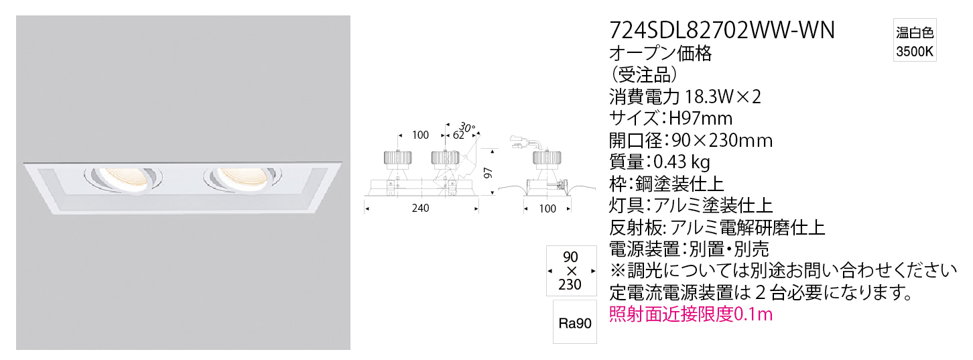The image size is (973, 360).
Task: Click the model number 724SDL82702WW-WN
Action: coord(722,30)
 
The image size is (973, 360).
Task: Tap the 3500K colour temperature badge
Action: coord(914,40)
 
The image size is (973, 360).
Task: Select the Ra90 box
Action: coord(575,323)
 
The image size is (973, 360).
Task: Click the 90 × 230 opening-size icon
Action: coord(571,271)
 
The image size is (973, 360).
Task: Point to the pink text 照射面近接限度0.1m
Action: coord(691,314)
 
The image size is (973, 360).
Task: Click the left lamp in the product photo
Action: coord(123,179)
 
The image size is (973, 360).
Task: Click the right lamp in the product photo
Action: coord(243,179)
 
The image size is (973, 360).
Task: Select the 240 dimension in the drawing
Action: coord(420,208)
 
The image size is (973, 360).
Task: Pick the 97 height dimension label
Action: coord(489,173)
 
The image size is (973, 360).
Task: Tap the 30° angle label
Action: coord(466,128)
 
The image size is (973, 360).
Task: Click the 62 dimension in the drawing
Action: coord(458,135)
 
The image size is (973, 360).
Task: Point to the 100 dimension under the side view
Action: coord(547,209)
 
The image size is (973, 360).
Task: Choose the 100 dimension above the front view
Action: coord(420,135)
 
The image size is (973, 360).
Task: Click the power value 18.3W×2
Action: coord(723,97)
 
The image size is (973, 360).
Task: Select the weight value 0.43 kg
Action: coord(682,162)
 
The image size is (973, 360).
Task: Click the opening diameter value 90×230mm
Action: coord(722,140)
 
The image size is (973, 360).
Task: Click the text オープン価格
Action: coord(661,54)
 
